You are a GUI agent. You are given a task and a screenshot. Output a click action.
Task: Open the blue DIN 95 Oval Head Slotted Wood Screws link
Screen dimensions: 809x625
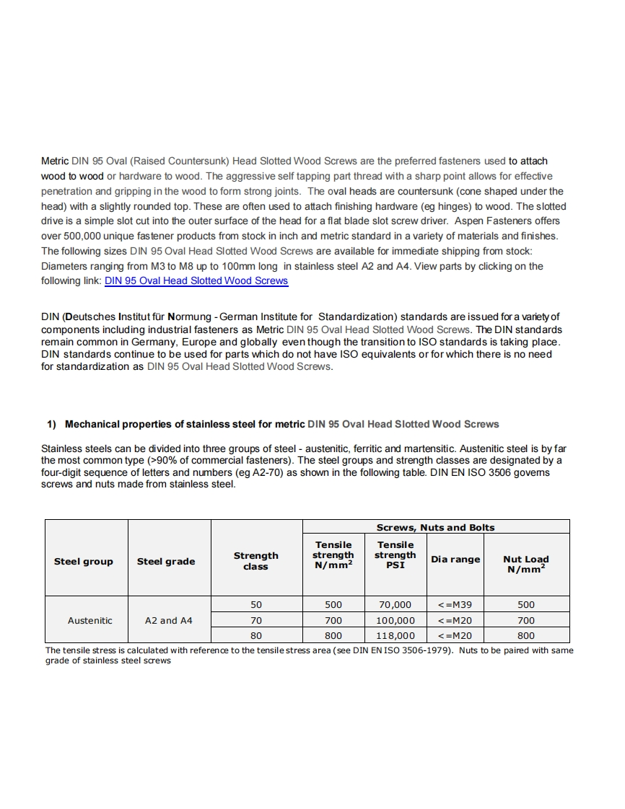[196, 281]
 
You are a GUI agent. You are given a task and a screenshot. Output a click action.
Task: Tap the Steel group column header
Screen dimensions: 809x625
[84, 562]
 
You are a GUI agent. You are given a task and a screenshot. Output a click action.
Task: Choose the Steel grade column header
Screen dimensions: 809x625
[166, 562]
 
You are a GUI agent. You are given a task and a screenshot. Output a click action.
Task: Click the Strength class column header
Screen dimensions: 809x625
[255, 561]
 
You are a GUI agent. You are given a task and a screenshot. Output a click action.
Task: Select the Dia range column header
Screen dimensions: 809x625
[455, 560]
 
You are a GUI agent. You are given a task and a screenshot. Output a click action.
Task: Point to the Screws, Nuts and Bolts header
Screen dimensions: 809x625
[436, 527]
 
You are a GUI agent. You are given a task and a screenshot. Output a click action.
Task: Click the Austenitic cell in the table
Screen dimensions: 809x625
[90, 620]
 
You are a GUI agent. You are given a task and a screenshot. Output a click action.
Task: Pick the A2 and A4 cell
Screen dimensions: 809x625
[169, 620]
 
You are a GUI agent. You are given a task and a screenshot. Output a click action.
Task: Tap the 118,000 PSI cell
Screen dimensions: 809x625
[395, 636]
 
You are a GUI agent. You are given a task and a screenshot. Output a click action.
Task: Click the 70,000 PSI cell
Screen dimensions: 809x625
[395, 604]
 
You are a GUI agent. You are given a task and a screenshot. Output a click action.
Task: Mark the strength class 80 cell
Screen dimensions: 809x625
[256, 636]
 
